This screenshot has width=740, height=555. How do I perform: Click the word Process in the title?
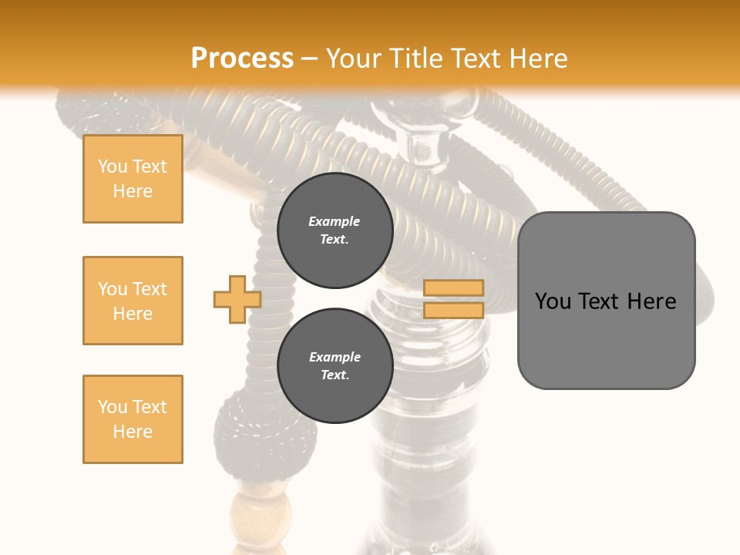(x=242, y=59)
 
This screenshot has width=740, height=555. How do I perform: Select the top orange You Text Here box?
(x=133, y=179)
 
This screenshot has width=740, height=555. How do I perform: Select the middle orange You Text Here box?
(x=133, y=301)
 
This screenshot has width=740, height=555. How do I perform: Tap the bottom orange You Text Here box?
(x=133, y=419)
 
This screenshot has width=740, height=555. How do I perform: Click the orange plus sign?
(x=237, y=299)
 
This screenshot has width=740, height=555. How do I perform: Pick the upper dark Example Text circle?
(x=335, y=230)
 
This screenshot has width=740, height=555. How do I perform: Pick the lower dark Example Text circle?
(x=335, y=366)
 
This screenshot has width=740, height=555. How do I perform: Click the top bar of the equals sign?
(x=453, y=288)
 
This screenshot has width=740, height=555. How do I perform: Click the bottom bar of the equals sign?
(x=453, y=311)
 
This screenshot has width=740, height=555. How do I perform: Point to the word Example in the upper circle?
(x=335, y=221)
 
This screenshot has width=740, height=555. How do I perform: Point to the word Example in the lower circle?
(x=335, y=357)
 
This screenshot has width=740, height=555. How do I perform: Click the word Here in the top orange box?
(x=133, y=191)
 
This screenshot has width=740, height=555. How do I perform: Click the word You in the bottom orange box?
(x=112, y=407)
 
